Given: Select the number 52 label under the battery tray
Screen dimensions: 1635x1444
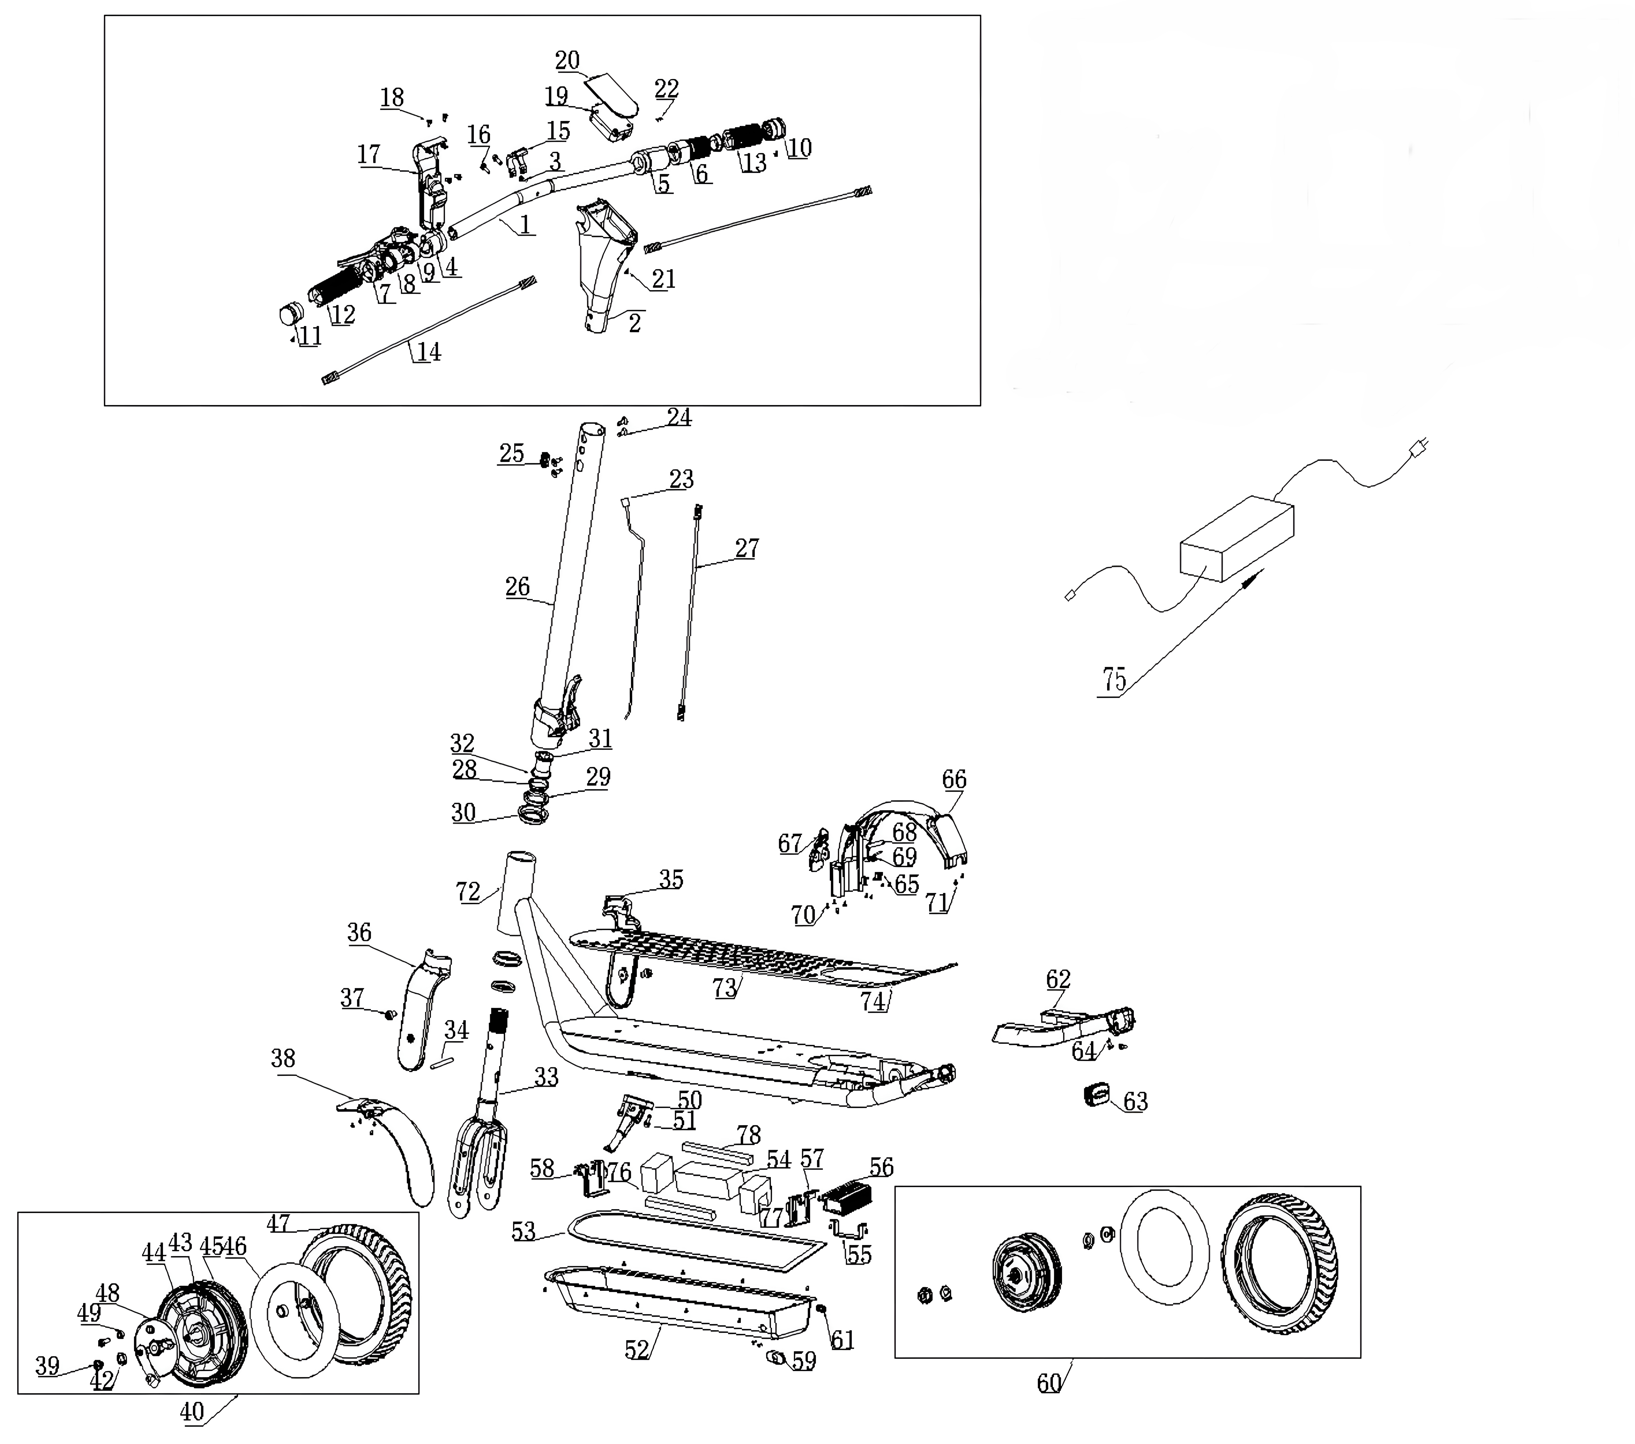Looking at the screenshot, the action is coord(637,1350).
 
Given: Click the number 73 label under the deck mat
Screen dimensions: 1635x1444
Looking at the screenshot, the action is coord(725,988).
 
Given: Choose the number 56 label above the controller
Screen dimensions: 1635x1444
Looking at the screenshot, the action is coord(882,1167).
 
